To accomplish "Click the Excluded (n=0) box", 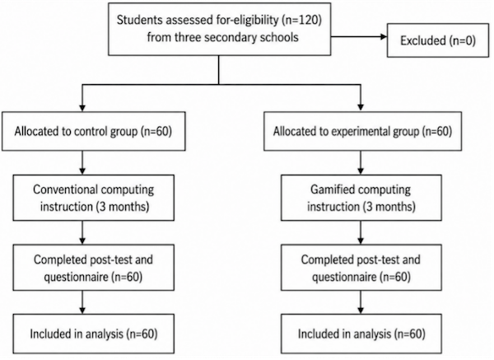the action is coord(438,40).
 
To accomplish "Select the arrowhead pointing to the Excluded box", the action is coord(384,37).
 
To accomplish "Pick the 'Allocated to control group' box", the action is coord(94,131).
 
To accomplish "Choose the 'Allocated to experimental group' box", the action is coord(362,131).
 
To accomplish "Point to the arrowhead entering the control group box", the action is coord(82,108).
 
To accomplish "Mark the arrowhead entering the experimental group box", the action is coord(361,108).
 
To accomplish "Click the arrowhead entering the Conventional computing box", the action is coord(82,171).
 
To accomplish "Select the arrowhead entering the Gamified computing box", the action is coord(361,171).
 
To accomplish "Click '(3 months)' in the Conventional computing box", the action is coord(122,207).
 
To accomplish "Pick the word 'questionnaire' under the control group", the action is coord(76,277).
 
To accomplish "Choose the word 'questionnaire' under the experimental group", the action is coord(344,277).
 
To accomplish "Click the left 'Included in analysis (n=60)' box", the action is coord(94,334).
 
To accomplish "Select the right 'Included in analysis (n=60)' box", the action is coord(361,334).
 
